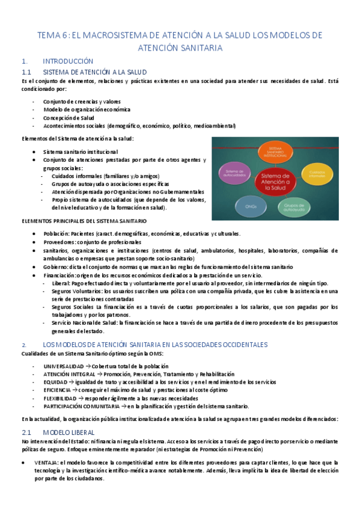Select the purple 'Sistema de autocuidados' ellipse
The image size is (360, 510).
pyautogui.click(x=234, y=173)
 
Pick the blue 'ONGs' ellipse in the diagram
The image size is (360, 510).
pyautogui.click(x=251, y=206)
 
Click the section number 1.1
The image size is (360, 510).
pyautogui.click(x=26, y=72)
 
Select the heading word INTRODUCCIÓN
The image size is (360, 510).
pyautogui.click(x=68, y=61)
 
